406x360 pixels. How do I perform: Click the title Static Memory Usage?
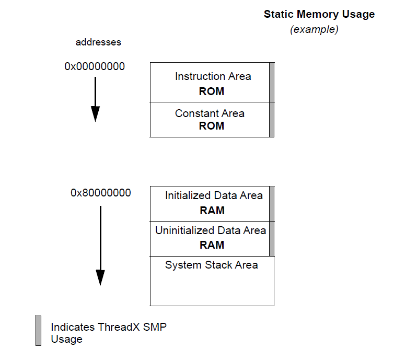click(319, 14)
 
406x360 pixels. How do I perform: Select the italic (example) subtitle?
click(314, 30)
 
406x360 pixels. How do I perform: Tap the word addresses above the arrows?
click(99, 42)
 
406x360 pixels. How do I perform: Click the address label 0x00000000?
click(95, 66)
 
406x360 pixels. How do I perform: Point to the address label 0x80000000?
click(101, 193)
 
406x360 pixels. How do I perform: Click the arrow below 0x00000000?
click(95, 99)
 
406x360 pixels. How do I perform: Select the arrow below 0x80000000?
click(100, 245)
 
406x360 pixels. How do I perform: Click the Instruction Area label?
click(213, 76)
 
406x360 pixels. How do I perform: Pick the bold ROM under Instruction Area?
click(212, 91)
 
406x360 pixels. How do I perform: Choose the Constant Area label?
click(210, 113)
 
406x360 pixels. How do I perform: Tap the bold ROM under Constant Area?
click(212, 126)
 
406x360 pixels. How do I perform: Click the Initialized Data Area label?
click(214, 196)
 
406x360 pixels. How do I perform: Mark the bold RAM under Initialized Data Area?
click(212, 211)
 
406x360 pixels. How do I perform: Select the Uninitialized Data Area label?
click(211, 230)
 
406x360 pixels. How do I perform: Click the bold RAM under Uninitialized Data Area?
click(212, 245)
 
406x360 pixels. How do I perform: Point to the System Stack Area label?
click(211, 265)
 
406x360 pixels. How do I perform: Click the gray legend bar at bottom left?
click(38, 330)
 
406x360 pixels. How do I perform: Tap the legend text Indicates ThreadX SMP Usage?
click(109, 333)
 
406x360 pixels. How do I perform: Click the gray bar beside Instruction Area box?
click(272, 82)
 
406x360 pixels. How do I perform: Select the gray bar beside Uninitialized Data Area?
click(272, 239)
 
